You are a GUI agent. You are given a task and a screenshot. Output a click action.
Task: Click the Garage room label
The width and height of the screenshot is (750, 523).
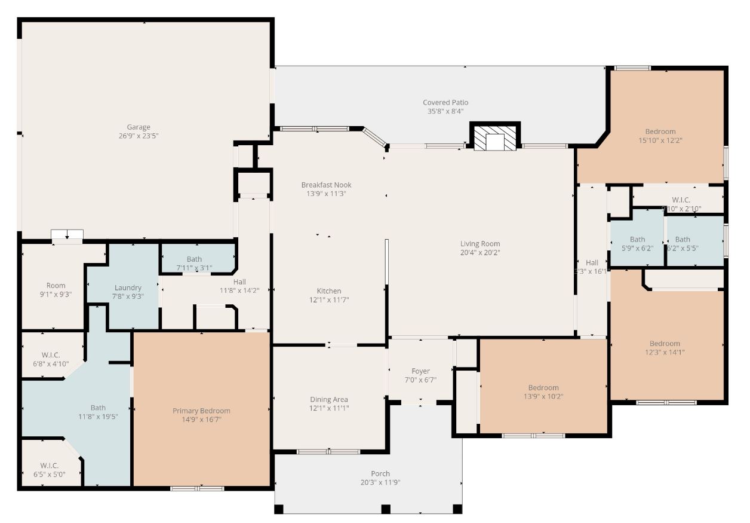click(x=138, y=127)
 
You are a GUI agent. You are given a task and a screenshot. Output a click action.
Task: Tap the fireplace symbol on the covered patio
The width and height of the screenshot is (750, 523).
click(x=495, y=139)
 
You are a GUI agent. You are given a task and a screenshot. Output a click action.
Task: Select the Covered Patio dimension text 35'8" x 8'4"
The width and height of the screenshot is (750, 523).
click(x=445, y=111)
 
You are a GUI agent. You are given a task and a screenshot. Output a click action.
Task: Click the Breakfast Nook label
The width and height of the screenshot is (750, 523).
click(x=326, y=185)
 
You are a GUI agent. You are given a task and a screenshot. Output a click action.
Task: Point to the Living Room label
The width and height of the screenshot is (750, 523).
click(x=480, y=244)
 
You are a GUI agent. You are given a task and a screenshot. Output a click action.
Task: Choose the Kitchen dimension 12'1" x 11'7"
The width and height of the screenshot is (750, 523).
click(x=329, y=299)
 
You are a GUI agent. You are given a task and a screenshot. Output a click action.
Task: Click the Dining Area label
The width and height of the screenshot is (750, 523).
click(x=328, y=399)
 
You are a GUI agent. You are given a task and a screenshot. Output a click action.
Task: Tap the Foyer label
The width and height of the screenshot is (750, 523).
click(x=420, y=371)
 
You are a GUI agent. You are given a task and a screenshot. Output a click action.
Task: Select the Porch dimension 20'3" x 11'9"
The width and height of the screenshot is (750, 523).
click(x=380, y=482)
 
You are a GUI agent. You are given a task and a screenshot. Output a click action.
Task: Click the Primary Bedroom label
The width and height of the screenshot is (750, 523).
click(x=201, y=411)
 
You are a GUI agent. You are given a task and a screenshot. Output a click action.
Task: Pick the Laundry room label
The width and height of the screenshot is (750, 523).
click(x=128, y=288)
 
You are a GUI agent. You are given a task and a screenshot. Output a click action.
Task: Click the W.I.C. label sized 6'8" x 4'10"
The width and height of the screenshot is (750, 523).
click(x=51, y=355)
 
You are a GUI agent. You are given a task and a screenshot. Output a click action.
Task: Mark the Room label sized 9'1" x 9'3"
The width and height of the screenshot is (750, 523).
click(x=56, y=286)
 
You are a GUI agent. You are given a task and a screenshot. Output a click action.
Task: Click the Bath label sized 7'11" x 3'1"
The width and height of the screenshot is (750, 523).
click(x=194, y=259)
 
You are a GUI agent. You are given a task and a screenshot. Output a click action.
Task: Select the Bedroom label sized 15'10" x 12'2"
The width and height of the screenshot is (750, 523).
click(x=660, y=131)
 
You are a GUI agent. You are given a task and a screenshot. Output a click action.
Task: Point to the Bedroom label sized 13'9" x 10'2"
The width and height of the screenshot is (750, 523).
click(x=543, y=387)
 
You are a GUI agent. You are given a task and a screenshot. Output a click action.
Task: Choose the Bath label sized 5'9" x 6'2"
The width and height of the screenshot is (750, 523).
click(x=637, y=240)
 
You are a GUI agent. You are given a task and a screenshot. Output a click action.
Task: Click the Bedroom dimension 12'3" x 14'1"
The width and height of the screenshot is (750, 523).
click(x=665, y=352)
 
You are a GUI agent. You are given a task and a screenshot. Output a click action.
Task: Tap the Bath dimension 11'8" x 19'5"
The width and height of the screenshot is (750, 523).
click(x=98, y=417)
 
